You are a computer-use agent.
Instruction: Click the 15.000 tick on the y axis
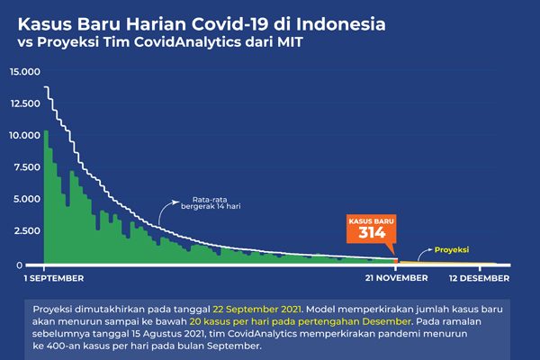click(24, 71)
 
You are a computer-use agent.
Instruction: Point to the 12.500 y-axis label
click(24, 103)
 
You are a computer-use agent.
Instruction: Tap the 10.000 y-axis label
click(24, 136)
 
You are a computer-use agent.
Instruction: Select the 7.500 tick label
click(27, 167)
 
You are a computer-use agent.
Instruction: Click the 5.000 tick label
click(27, 200)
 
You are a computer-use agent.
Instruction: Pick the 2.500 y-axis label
click(27, 232)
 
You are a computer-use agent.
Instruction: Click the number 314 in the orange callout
click(372, 233)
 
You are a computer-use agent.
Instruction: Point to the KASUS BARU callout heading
click(372, 219)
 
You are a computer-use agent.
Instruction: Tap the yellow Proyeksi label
click(452, 250)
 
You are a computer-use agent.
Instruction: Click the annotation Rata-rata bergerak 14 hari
click(216, 203)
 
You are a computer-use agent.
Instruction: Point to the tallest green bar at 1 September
click(46, 198)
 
